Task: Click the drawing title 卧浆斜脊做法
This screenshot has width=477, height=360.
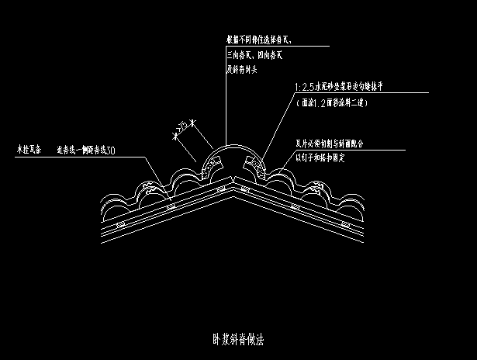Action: (239, 339)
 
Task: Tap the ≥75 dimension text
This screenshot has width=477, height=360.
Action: (183, 128)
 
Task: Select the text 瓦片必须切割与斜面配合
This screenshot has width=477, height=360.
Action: (330, 144)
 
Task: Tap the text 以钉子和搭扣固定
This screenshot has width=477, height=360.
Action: (320, 157)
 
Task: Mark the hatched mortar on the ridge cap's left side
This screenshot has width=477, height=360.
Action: (211, 166)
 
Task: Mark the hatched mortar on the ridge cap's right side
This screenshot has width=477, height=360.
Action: (254, 164)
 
